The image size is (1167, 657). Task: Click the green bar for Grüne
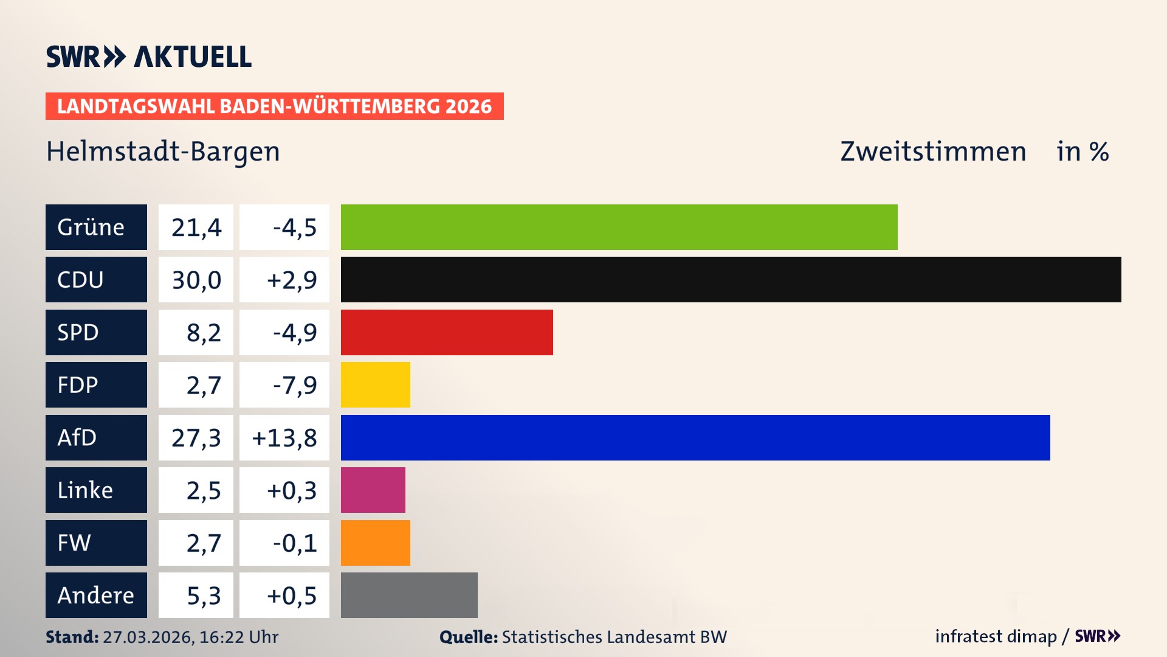pos(619,227)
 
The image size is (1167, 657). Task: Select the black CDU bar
pos(731,279)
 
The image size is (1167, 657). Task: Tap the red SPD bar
pos(447,332)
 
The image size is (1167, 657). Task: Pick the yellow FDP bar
pos(375,384)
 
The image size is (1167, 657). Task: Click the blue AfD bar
pos(695,437)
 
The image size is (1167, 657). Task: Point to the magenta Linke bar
pos(373,490)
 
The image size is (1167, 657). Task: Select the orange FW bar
pos(375,543)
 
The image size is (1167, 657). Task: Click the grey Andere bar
pos(409,595)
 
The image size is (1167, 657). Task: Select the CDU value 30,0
pos(196,280)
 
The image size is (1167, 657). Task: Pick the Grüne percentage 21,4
pos(196,228)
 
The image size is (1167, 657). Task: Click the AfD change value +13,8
pos(284,438)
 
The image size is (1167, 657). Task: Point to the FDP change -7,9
pos(294,385)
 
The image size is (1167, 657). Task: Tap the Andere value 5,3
pos(203,596)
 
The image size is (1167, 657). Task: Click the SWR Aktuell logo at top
pos(148,57)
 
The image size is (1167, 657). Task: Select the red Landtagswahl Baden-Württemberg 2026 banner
pos(274,106)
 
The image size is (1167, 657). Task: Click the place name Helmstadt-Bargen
pos(163,151)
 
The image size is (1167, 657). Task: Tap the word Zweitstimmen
pos(932,151)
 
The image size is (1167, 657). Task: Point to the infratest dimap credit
pos(996,636)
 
